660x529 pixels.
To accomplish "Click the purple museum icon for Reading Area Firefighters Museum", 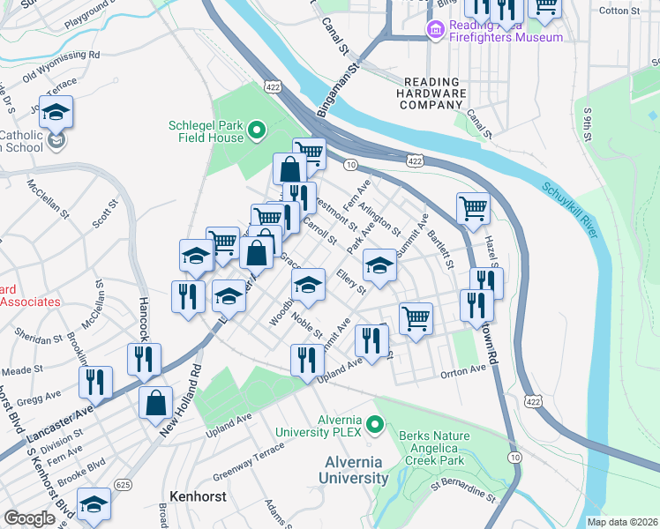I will (x=435, y=31).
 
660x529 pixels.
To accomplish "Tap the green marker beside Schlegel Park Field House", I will (x=257, y=131).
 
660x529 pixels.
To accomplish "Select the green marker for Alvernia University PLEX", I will (x=376, y=426).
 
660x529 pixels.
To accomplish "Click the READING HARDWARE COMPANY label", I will (x=431, y=93).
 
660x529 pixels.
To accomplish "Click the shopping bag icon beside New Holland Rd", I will (x=156, y=402).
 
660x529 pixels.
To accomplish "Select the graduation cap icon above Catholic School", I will (x=56, y=113).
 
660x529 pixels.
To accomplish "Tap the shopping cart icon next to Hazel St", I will (x=474, y=209).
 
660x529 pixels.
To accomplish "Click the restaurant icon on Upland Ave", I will (x=306, y=360).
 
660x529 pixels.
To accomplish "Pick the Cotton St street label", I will (x=619, y=11).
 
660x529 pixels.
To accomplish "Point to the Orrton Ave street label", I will (x=463, y=373).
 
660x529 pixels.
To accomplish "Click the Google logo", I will (x=29, y=518).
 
